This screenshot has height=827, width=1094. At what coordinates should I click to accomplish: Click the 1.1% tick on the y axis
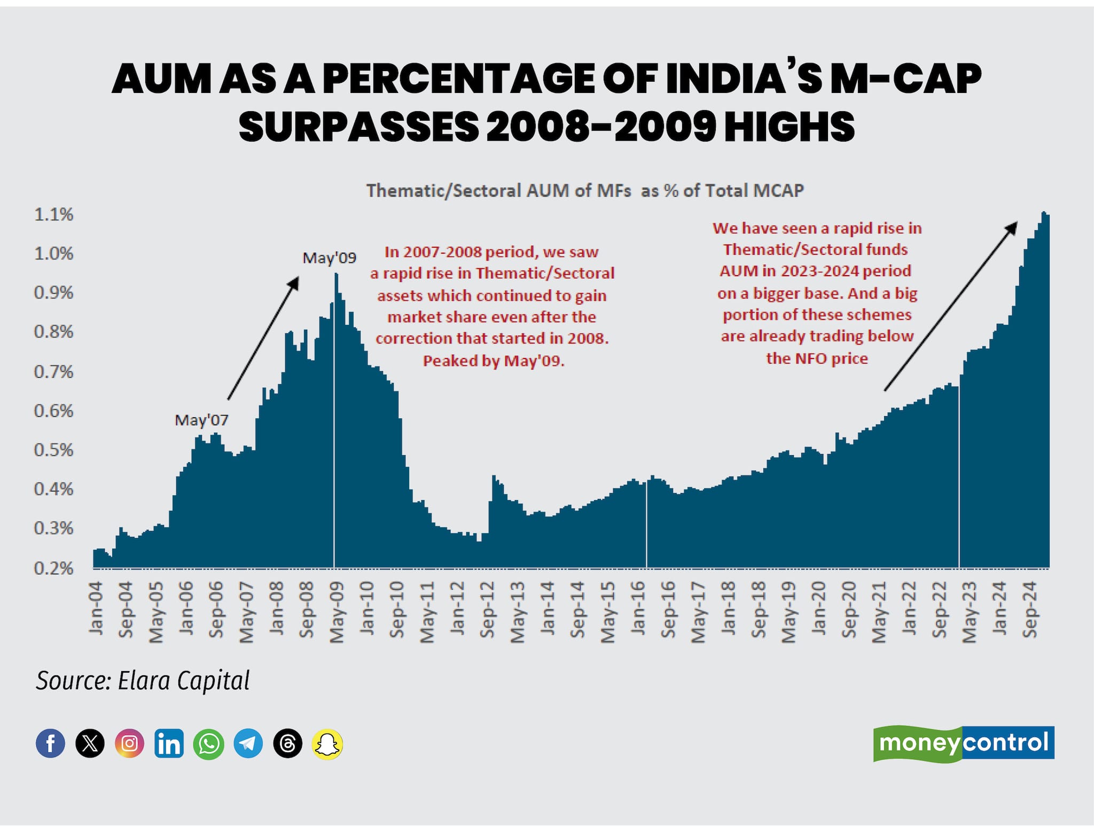coord(53,215)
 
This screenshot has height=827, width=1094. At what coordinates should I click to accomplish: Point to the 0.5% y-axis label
coord(53,450)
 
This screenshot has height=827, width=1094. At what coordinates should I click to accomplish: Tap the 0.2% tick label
coord(53,568)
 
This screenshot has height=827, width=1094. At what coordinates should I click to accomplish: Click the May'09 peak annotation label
coord(329,258)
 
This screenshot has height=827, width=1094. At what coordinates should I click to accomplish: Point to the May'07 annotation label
coord(201,420)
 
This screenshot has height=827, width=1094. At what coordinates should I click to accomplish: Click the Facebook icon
coord(51,743)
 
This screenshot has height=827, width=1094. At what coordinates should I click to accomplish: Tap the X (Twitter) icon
coord(90,743)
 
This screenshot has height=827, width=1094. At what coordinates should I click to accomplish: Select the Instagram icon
coord(129,743)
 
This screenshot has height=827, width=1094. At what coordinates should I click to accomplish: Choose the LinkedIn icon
coord(169,743)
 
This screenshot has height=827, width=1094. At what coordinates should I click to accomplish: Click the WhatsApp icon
coord(208,743)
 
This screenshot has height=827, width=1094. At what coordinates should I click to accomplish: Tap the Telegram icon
coord(248,743)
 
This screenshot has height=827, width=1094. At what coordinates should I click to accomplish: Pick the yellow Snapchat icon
coord(327,743)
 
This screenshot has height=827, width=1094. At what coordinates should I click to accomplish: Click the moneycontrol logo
coord(964,743)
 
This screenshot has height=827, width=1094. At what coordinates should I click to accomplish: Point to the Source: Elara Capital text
coord(143,681)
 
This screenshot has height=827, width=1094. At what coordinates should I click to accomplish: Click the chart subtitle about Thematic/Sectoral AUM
coord(585,191)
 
